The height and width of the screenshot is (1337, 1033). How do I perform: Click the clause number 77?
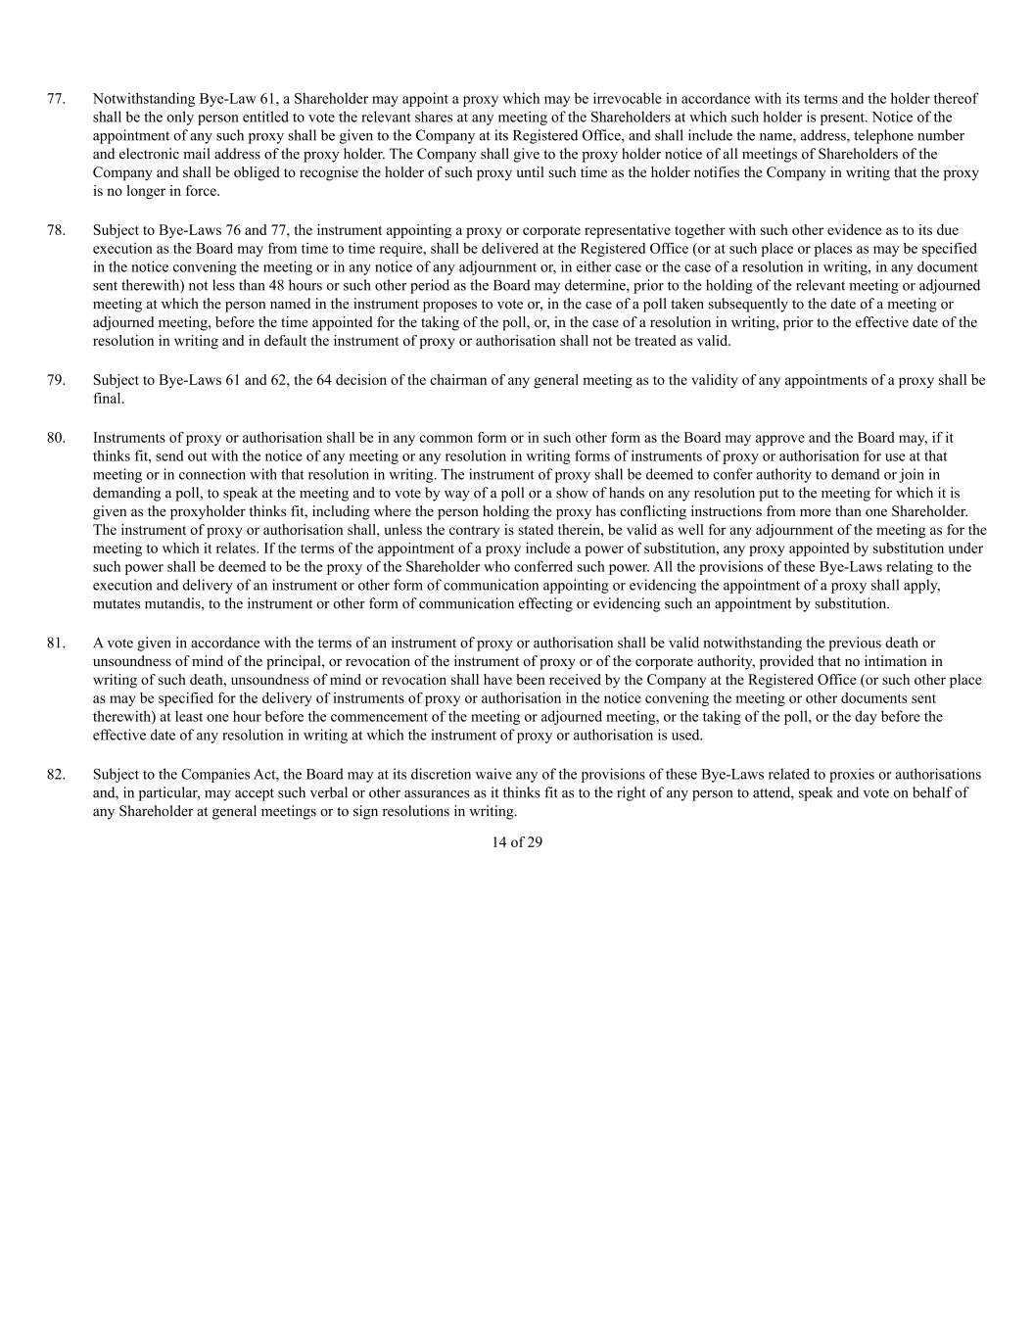(56, 99)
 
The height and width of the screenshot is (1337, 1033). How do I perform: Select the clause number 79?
(56, 380)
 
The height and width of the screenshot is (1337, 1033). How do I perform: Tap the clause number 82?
(56, 775)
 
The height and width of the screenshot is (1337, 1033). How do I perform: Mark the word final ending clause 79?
(108, 399)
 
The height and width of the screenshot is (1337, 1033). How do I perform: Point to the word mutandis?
(169, 604)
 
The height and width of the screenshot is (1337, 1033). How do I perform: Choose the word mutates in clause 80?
(117, 604)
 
